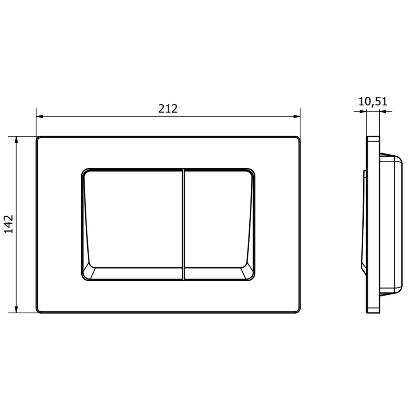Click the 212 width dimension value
168,109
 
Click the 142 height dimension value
8,224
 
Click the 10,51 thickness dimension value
373,101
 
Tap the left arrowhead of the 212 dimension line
40,116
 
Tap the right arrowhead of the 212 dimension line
297,116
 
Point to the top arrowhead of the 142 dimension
16,140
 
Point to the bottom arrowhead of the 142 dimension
16,309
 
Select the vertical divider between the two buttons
184,224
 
